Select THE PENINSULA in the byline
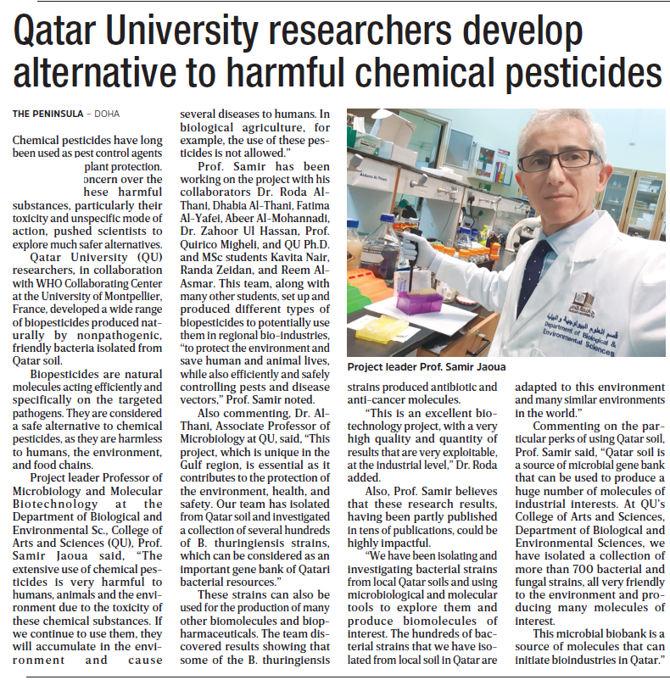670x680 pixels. click(x=47, y=113)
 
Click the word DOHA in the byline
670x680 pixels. click(x=107, y=113)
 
